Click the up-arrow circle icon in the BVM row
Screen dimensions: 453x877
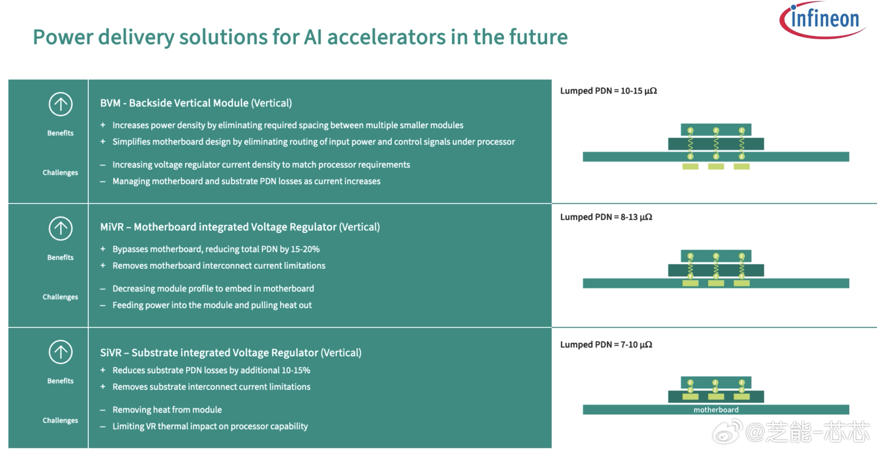point(60,104)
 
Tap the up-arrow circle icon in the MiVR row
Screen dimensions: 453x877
point(60,228)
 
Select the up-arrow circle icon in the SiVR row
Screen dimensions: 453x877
point(60,352)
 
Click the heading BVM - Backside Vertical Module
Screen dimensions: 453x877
point(196,103)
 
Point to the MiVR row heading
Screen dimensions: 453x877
point(240,227)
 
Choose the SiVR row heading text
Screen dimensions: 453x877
point(231,353)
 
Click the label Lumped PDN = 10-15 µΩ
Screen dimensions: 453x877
point(608,91)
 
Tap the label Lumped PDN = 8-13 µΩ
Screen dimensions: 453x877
point(606,217)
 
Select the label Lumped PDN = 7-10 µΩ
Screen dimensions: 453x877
point(606,345)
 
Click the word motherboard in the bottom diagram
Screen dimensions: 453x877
point(716,410)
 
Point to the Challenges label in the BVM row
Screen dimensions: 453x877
point(60,173)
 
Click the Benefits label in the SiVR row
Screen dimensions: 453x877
point(60,381)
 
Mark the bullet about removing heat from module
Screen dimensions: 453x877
point(167,410)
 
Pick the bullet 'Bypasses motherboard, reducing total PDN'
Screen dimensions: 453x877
point(216,249)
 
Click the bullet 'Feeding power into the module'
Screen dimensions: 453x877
point(212,305)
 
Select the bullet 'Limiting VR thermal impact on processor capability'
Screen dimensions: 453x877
point(210,426)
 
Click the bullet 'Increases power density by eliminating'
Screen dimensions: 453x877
point(288,125)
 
